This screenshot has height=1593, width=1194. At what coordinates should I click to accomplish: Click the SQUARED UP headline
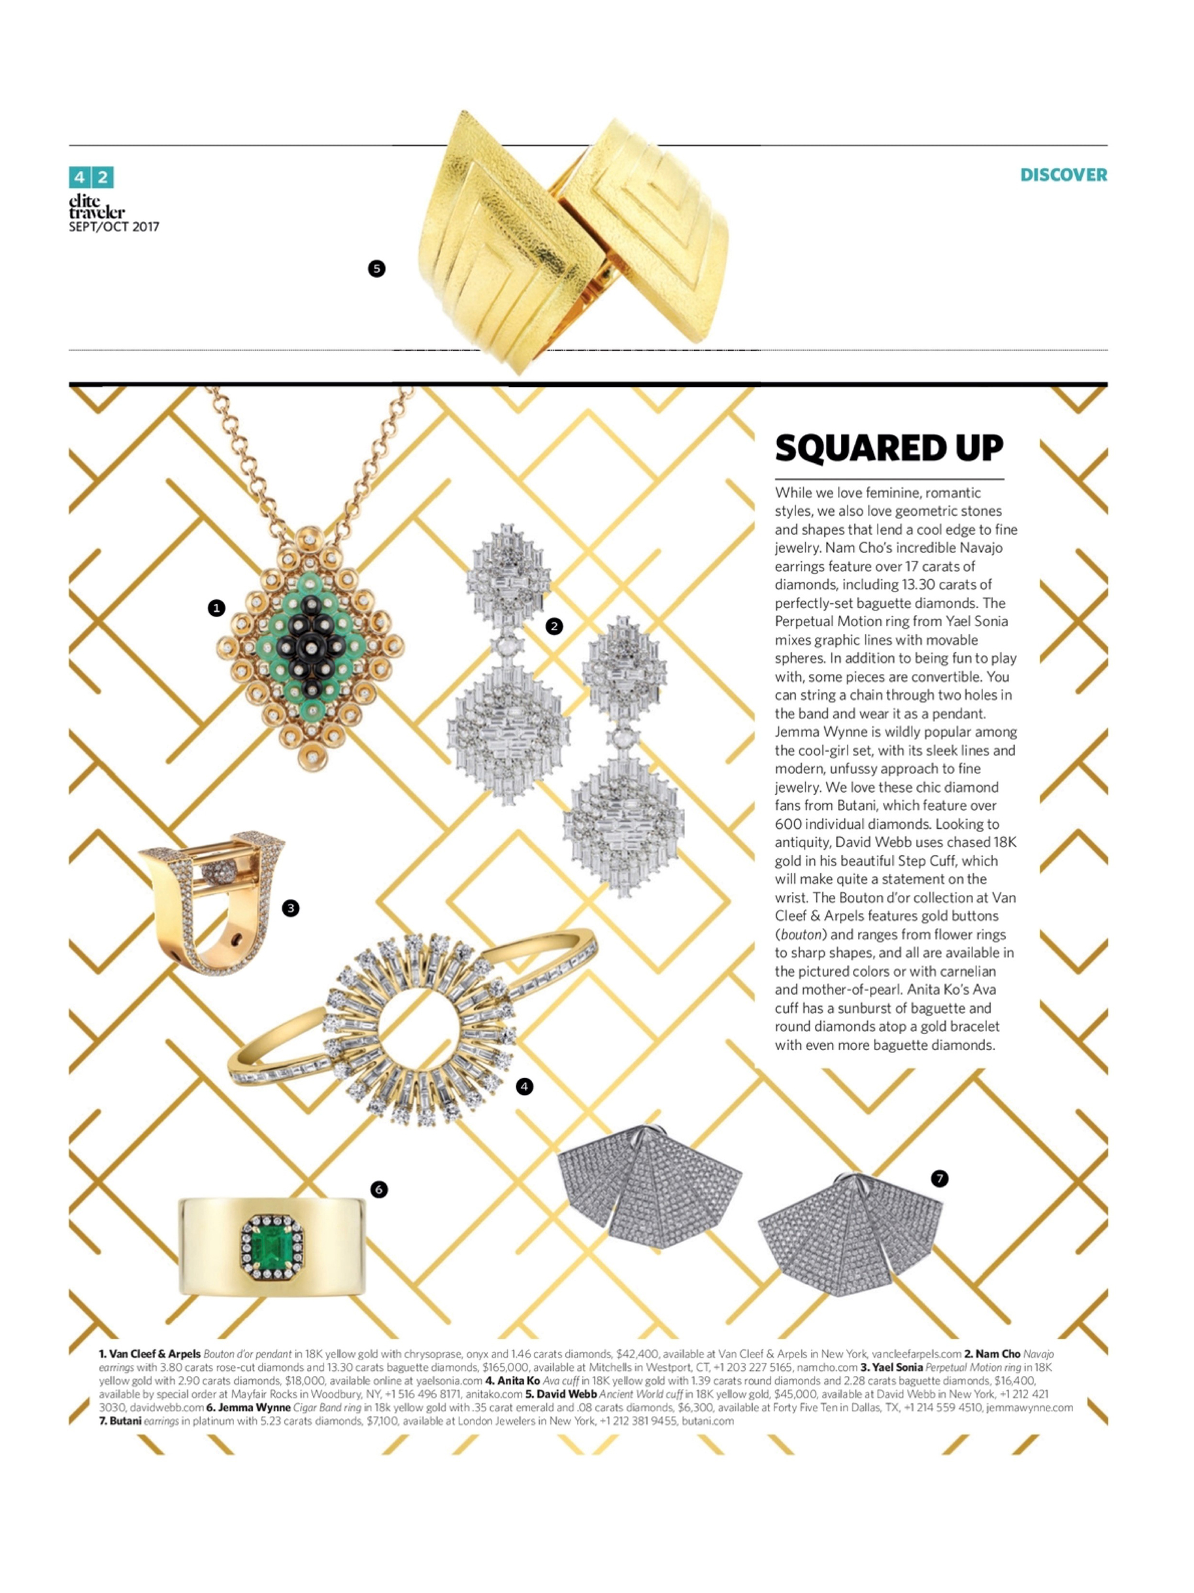click(x=889, y=448)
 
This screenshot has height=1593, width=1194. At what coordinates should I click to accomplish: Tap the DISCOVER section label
click(x=1063, y=175)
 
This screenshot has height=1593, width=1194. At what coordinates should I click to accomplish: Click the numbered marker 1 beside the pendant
click(x=216, y=609)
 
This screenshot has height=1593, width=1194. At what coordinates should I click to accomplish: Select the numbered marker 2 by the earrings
click(x=554, y=626)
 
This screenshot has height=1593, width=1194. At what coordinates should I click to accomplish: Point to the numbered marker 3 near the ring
click(x=290, y=908)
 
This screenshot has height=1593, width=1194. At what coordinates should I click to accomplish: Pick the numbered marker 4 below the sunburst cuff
click(x=524, y=1086)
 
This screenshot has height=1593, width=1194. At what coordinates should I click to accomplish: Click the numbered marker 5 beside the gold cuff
click(x=376, y=269)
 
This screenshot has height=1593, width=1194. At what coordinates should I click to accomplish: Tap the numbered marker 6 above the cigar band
click(x=379, y=1189)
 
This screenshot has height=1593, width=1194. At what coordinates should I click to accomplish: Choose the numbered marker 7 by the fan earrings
click(x=939, y=1178)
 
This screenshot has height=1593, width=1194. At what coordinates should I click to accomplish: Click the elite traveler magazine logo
click(x=97, y=206)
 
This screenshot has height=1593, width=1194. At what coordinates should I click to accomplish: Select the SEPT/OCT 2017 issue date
click(x=114, y=227)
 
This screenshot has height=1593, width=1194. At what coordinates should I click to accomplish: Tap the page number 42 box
click(x=91, y=177)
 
